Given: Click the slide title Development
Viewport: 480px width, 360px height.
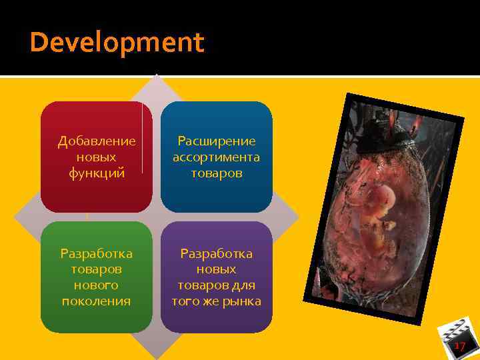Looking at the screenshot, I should tap(117, 43).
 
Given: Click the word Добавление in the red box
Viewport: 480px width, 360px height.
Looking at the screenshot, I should tap(97, 141).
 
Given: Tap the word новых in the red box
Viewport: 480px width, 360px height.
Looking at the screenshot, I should tap(97, 157).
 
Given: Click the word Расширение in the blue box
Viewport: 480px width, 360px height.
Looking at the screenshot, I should tap(216, 141).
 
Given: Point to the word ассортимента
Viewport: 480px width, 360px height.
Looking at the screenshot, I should tap(216, 157).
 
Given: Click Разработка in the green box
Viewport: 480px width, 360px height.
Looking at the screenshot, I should tap(97, 253).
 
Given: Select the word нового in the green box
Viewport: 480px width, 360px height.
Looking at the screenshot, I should tap(97, 285).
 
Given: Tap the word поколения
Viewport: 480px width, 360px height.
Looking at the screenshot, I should tap(97, 301).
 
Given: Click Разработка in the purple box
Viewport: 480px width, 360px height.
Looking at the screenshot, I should tap(216, 253).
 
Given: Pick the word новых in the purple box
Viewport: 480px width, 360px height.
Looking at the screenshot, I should tap(216, 269).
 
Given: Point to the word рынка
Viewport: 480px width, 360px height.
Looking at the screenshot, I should tap(243, 301).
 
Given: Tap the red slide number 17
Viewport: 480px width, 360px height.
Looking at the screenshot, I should tap(459, 346).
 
